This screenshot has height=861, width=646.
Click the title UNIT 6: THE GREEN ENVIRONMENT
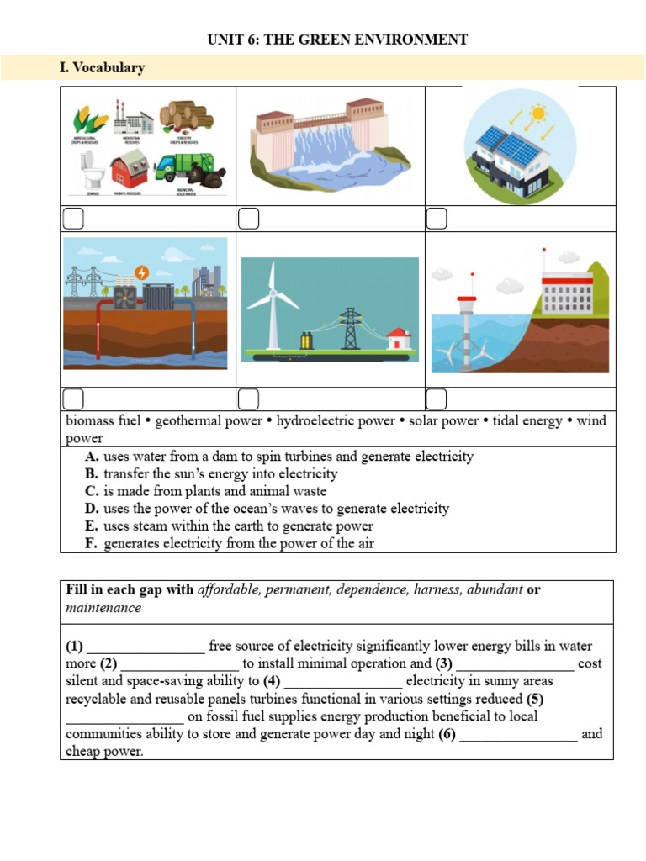(x=336, y=40)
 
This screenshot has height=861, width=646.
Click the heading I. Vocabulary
(x=102, y=68)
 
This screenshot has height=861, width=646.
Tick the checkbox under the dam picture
(x=248, y=219)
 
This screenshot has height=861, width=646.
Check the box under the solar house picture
(x=436, y=219)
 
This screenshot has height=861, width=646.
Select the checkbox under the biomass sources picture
(x=73, y=219)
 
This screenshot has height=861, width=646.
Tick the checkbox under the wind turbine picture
(x=248, y=399)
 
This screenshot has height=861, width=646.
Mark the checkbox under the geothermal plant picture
(x=73, y=399)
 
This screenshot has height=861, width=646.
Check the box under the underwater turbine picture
(x=436, y=399)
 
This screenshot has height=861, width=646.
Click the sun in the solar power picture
(x=537, y=114)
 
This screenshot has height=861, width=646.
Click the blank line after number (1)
(x=146, y=647)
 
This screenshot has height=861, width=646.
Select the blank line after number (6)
(x=518, y=734)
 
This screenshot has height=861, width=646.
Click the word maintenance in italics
(x=103, y=607)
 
